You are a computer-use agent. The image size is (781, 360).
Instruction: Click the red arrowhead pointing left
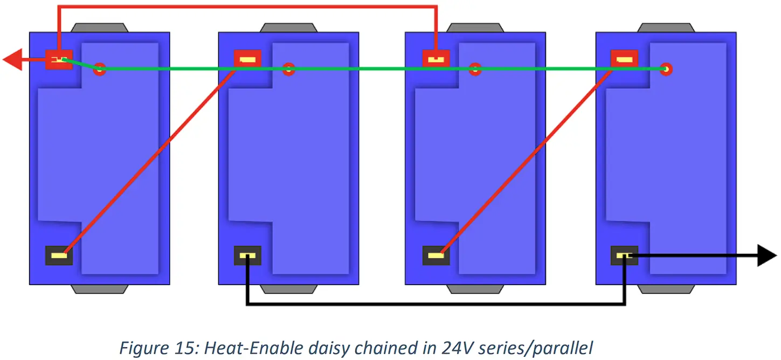(13, 59)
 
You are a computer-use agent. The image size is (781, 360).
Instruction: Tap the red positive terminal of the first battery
(58, 59)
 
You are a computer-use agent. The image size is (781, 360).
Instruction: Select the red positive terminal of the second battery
(247, 58)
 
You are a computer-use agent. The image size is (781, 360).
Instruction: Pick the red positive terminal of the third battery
(436, 58)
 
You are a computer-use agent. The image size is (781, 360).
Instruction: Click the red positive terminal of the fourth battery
(624, 58)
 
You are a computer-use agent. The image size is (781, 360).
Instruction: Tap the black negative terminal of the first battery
(59, 255)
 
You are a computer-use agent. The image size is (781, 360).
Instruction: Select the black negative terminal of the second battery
(247, 255)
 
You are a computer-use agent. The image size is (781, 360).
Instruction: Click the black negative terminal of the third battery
(436, 255)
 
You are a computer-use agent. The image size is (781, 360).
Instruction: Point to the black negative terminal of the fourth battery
(624, 255)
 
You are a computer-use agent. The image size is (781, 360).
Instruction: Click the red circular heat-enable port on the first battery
(99, 69)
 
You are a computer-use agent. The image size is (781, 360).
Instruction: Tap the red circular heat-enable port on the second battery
(289, 69)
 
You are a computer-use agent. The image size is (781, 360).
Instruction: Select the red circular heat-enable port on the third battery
(475, 69)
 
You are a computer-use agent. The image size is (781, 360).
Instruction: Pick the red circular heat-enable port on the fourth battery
(667, 69)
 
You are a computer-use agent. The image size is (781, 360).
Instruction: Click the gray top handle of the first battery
(99, 27)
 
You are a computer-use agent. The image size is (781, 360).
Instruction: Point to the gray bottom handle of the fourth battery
(666, 289)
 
